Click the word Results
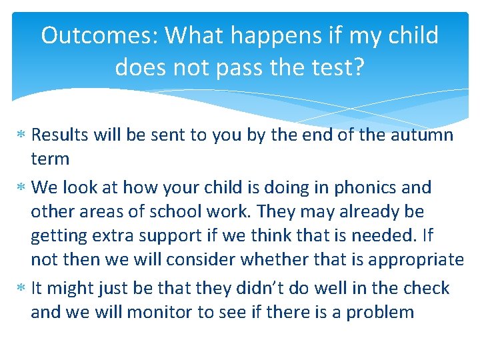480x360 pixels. (61, 135)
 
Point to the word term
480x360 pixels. (50, 159)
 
